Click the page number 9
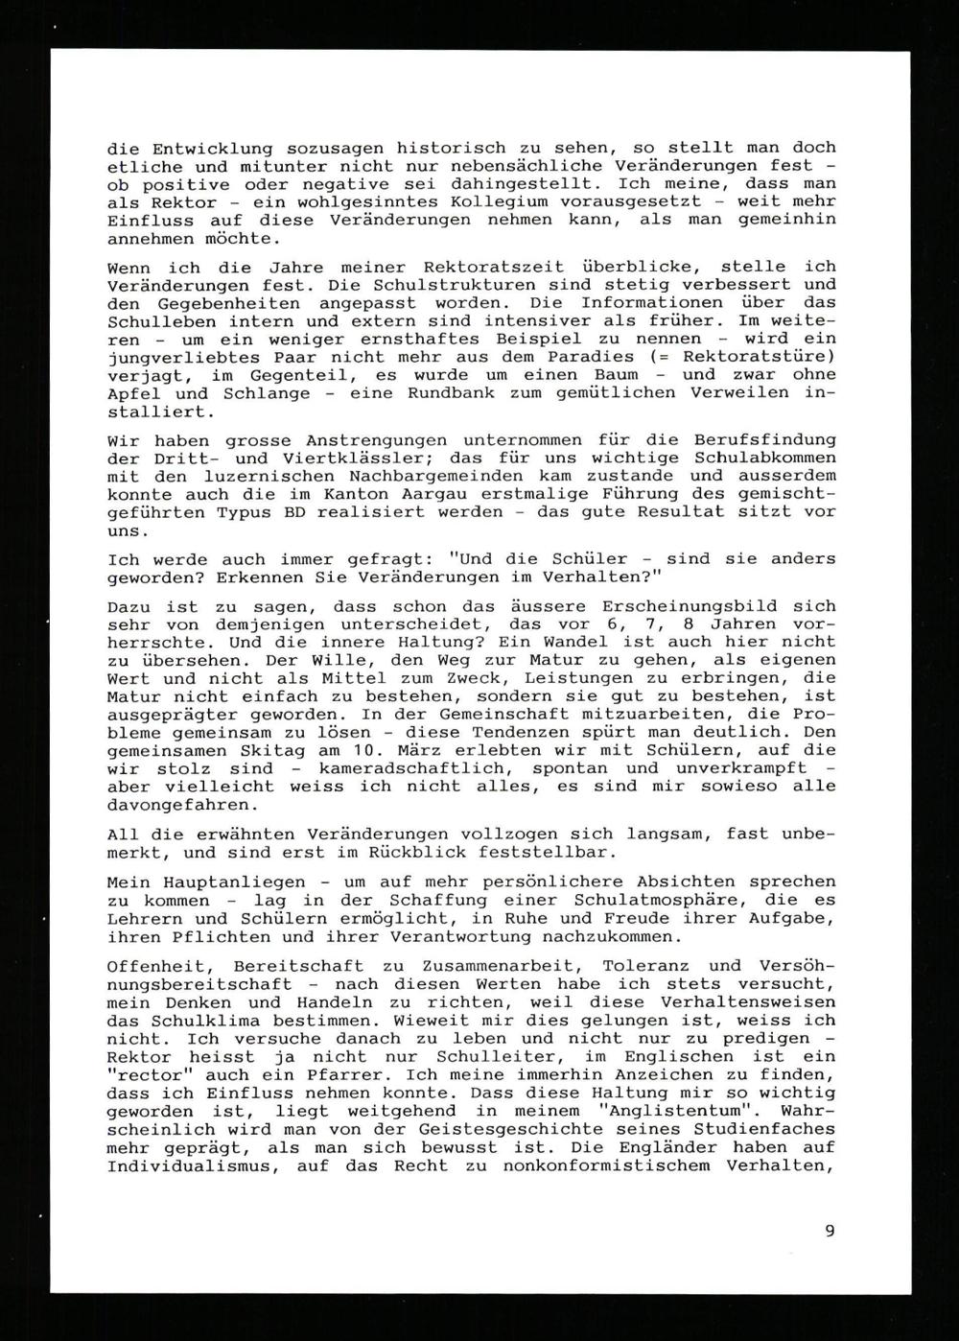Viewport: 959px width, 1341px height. coord(830,1231)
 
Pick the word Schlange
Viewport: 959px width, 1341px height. coord(266,393)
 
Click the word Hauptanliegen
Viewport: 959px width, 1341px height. coord(226,882)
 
